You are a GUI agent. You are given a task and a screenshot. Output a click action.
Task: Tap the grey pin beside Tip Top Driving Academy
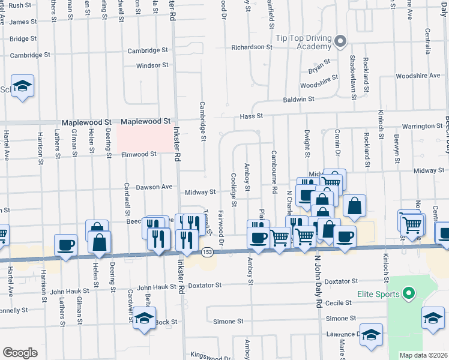[340, 41]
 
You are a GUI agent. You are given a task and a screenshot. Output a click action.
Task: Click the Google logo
[20, 353]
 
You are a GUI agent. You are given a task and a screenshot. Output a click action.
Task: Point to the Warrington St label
[422, 127]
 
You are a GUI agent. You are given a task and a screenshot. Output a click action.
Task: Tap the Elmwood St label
[139, 154]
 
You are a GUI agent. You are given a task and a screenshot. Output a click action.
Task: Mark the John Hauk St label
[70, 291]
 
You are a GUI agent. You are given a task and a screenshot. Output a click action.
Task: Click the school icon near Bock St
[144, 319]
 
